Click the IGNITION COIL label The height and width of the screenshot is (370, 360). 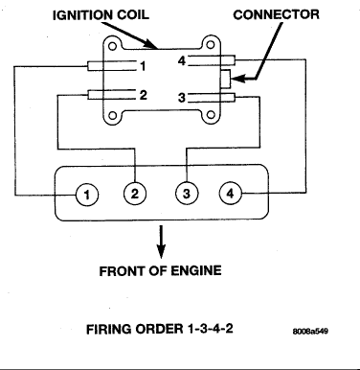(101, 15)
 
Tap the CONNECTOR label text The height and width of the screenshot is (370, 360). (276, 14)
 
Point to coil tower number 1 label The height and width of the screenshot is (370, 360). (143, 66)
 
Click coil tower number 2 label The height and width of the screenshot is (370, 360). (144, 95)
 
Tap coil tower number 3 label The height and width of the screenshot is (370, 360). (182, 98)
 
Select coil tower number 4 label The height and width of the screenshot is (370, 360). (182, 60)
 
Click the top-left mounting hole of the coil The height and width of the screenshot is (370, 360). (112, 46)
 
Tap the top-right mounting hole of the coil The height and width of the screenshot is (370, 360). (211, 45)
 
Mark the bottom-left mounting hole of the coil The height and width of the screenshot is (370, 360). (112, 115)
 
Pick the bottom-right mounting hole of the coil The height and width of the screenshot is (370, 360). (211, 115)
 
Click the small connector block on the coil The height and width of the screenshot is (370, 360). (225, 79)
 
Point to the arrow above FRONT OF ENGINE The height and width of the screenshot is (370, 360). (162, 242)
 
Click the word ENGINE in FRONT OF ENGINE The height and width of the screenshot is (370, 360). (196, 271)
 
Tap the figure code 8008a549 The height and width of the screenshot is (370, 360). (310, 331)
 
